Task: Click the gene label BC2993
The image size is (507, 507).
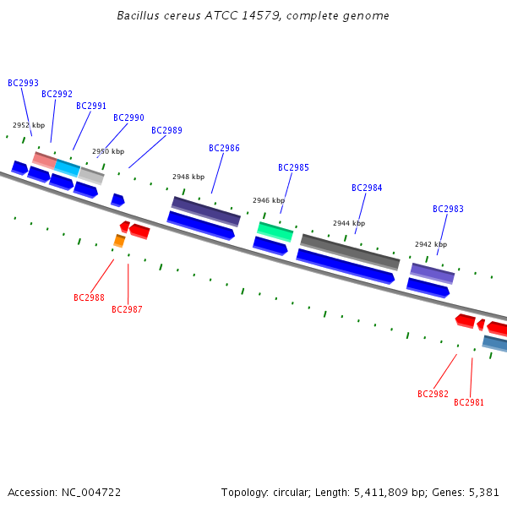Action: tap(23, 83)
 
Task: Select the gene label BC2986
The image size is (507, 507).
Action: tap(224, 148)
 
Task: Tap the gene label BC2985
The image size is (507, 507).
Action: tap(293, 167)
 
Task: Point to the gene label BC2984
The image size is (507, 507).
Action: tap(367, 188)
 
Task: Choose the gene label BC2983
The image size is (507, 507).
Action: tap(448, 209)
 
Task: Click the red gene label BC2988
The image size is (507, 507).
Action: tap(89, 297)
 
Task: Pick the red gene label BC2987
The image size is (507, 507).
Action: tap(127, 309)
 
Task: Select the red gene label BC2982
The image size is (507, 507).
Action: tap(433, 394)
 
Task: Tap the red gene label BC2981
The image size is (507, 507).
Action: tap(469, 402)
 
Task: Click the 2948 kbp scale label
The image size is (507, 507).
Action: tap(188, 177)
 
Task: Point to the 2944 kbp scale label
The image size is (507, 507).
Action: tap(349, 223)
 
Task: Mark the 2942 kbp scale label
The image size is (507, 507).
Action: tap(431, 244)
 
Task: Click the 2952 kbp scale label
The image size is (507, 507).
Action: tap(29, 125)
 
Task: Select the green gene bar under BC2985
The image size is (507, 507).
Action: tap(275, 230)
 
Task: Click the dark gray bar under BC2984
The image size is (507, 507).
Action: tap(350, 251)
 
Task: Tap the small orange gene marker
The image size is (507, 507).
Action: tap(119, 242)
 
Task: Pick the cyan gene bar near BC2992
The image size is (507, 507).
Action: tap(68, 167)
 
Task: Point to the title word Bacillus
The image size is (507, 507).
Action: tap(139, 15)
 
